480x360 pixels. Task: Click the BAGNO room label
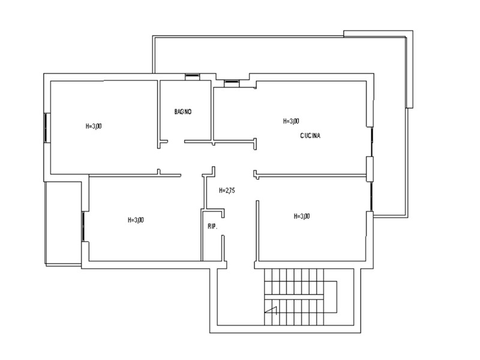[x=183, y=112]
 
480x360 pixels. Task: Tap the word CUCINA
[x=310, y=136]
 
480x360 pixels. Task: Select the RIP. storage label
[x=212, y=227]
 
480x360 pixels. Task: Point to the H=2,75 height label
[x=227, y=190]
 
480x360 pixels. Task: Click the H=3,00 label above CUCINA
[x=291, y=121]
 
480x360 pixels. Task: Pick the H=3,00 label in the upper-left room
[x=94, y=126]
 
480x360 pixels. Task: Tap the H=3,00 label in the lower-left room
[x=136, y=220]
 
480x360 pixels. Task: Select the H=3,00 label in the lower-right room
[x=302, y=217]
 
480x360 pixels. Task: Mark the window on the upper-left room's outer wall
[x=46, y=127]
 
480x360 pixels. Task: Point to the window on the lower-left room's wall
[x=83, y=226]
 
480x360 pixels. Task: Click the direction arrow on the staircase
[x=272, y=310]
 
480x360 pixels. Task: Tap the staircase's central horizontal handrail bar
[x=294, y=296]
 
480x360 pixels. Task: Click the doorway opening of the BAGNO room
[x=176, y=142]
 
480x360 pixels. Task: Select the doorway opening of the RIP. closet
[x=223, y=227]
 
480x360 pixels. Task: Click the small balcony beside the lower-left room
[x=64, y=224]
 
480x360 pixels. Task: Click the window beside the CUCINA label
[x=371, y=142]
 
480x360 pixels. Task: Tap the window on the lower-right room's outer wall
[x=371, y=196]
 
